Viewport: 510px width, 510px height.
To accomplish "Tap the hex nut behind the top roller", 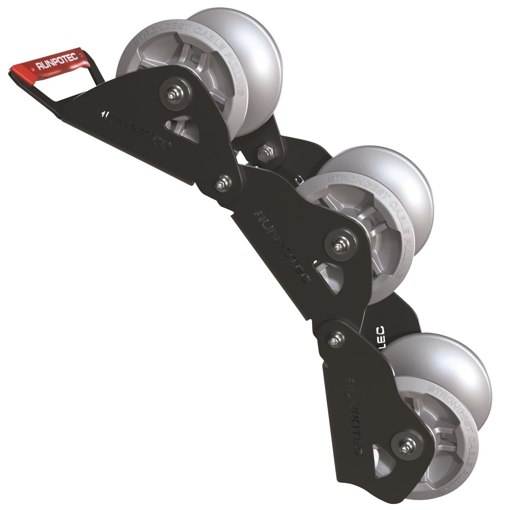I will [x=263, y=153].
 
